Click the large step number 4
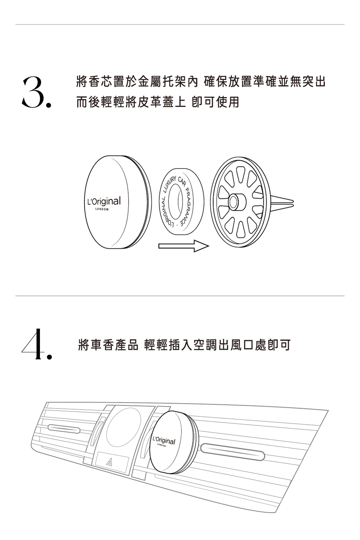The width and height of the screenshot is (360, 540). pyautogui.click(x=35, y=344)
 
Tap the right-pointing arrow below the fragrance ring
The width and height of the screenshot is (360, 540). pyautogui.click(x=183, y=247)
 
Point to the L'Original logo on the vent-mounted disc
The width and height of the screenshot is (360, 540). pyautogui.click(x=164, y=441)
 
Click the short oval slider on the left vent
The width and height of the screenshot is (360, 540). pyautogui.click(x=63, y=428)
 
